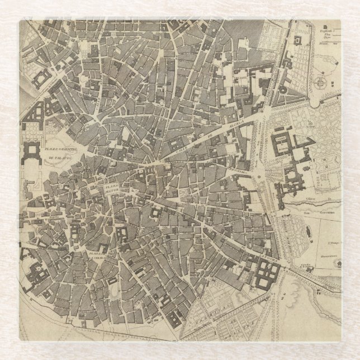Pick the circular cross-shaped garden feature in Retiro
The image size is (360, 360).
tap(321, 82)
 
